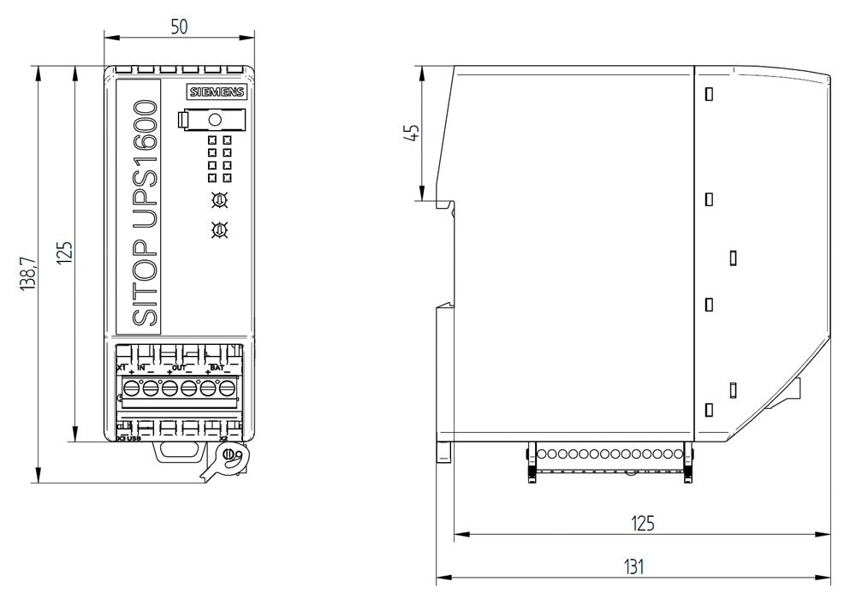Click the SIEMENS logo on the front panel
pyautogui.click(x=216, y=94)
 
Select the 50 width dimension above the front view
pyautogui.click(x=179, y=26)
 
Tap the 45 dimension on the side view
pyautogui.click(x=412, y=133)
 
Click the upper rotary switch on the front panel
pyautogui.click(x=219, y=200)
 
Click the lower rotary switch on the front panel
pyautogui.click(x=219, y=229)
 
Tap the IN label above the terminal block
pyautogui.click(x=142, y=367)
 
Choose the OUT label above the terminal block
pyautogui.click(x=179, y=367)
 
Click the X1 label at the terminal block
pyautogui.click(x=122, y=367)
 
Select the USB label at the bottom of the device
pyautogui.click(x=135, y=439)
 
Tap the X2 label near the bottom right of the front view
pyautogui.click(x=224, y=439)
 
